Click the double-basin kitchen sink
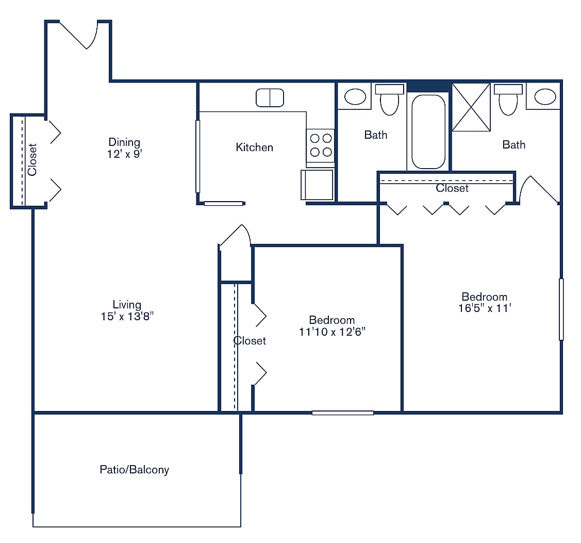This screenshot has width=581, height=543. pos(270,97)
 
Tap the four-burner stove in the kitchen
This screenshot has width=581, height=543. pos(320,145)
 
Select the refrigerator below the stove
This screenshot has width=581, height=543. pos(317,185)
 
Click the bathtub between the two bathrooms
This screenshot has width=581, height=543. pos(428,131)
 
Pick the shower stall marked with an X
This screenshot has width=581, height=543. pos(471,107)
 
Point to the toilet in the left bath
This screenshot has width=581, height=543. pos(389,100)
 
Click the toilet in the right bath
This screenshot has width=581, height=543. pos(508,100)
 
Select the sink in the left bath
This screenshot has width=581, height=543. pos(355,96)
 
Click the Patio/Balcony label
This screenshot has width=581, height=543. pos(134,469)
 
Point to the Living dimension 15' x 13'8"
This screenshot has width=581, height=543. pos(127,316)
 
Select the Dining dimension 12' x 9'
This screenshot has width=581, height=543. pos(124,154)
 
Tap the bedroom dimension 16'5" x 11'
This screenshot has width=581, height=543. pos(484,308)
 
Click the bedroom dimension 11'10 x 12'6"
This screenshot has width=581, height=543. pos(331,332)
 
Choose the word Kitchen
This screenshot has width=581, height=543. pos(254,147)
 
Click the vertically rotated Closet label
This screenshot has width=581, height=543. pos(32,159)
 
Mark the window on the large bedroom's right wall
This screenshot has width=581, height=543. pos(561,309)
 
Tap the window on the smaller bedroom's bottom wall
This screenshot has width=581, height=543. pos(342,413)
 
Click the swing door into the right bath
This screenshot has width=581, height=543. pos(539,191)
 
